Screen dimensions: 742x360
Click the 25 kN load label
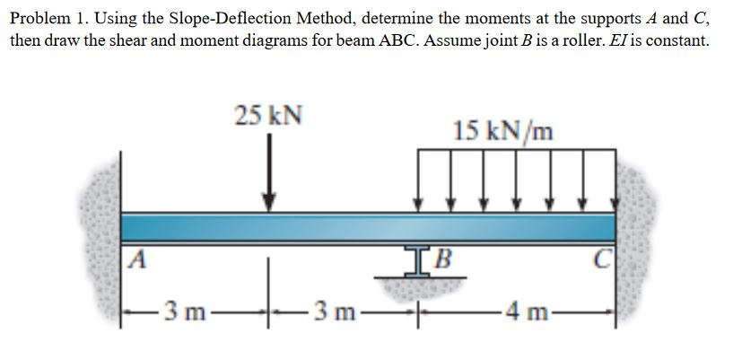pos(268,115)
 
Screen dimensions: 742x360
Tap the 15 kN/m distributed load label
pos(502,131)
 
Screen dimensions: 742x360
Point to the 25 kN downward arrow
pos(269,172)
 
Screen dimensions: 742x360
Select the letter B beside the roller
pos(443,259)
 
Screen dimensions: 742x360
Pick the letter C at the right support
pos(602,259)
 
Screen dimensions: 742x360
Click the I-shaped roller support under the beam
pos(417,261)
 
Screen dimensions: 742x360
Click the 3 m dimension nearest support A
pos(185,313)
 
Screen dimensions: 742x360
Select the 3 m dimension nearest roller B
pos(335,313)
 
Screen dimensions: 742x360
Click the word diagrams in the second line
pos(273,41)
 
